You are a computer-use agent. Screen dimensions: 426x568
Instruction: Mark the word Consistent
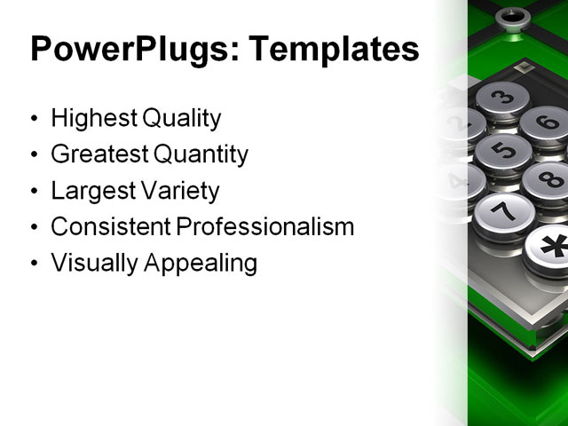coord(111,227)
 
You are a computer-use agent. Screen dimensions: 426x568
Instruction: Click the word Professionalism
coord(265,227)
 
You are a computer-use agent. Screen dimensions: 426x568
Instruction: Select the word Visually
coord(91,264)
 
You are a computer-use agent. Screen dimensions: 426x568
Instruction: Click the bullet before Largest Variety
coord(34,192)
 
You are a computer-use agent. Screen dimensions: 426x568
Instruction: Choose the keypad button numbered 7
coord(503,211)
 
